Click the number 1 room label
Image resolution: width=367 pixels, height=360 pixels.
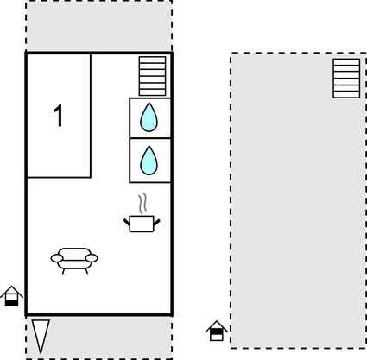59,116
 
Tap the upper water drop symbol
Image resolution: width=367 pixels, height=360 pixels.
150,117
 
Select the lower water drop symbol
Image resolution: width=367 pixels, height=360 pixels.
150,159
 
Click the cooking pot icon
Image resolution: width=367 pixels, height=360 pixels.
141,224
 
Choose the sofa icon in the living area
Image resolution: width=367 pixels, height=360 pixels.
74,258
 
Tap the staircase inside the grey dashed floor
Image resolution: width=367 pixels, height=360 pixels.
346,78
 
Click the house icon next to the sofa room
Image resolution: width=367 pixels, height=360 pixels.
11,296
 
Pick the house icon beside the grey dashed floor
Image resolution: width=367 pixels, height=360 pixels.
216,331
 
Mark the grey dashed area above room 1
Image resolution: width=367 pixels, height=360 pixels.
98,26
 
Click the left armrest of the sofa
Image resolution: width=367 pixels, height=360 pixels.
56,257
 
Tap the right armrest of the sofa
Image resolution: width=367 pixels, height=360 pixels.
92,257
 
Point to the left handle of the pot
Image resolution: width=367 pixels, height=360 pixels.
127,221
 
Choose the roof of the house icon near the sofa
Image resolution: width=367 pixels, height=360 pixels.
11,290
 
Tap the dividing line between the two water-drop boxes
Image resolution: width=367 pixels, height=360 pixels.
150,138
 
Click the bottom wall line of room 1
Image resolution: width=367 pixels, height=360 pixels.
59,177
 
